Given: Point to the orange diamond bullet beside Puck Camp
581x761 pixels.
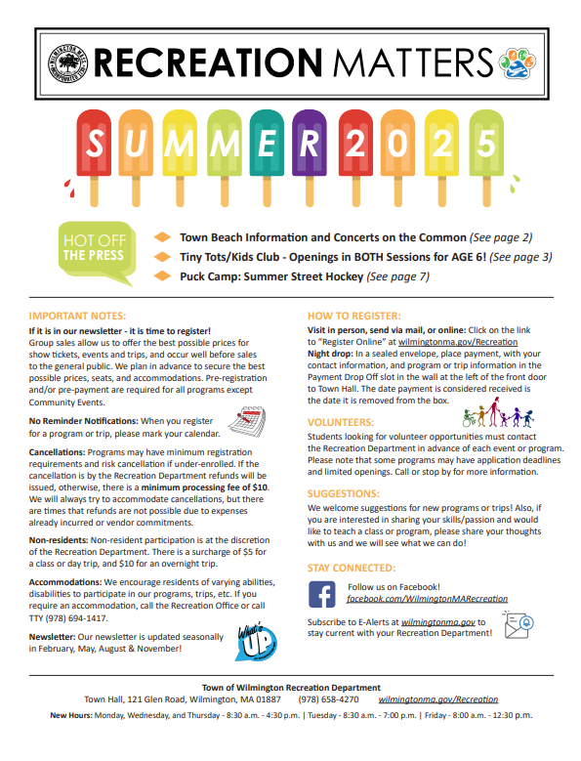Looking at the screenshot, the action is (x=163, y=276).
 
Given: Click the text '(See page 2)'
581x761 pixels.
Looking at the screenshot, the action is (x=501, y=237).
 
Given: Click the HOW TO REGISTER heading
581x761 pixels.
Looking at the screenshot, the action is (x=353, y=317).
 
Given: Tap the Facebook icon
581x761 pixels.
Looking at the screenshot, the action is (x=322, y=592).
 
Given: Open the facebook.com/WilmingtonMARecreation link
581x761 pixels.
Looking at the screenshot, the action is (x=428, y=598).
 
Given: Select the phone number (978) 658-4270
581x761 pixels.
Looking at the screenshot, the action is (x=328, y=699).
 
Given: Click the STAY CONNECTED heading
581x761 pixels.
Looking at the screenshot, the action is (x=352, y=567).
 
